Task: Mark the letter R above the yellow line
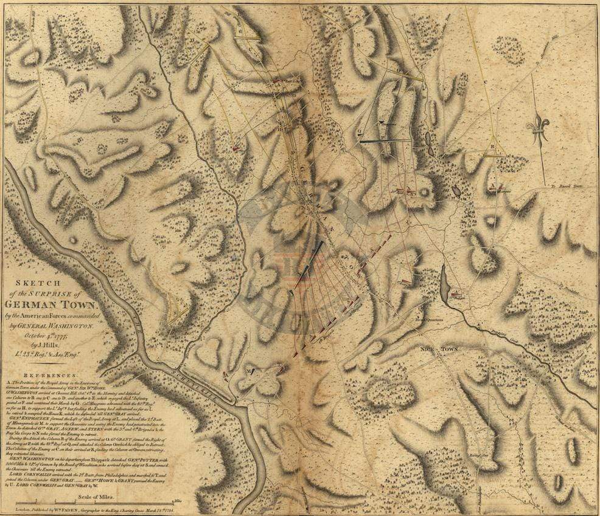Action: [491, 146]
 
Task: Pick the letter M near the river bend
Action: [248, 370]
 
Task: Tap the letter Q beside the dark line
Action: [359, 131]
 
